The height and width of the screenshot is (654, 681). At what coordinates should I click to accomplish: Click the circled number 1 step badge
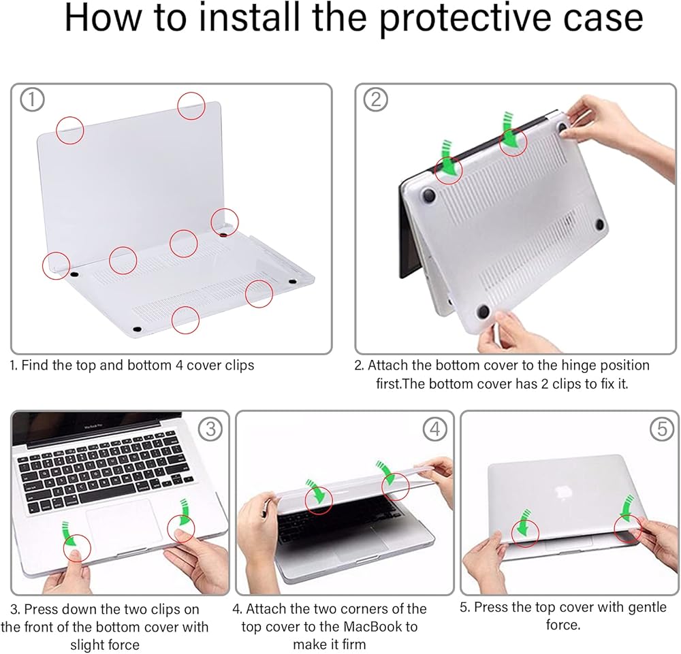tap(32, 99)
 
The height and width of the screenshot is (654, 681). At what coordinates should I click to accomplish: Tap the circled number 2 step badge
tap(376, 99)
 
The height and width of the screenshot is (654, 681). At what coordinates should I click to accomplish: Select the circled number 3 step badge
tap(210, 429)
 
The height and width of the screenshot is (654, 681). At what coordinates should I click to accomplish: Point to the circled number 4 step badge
tap(434, 429)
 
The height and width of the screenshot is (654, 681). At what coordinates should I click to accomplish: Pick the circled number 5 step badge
tap(661, 429)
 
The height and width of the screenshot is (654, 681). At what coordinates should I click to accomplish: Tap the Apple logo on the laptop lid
tap(563, 492)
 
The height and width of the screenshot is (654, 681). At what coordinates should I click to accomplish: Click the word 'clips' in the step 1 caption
tap(237, 365)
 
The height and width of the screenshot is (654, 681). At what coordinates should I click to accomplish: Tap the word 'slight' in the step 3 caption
tap(88, 645)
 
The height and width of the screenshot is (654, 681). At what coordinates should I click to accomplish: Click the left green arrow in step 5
tap(522, 522)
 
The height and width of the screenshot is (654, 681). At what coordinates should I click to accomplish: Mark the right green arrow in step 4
tap(387, 472)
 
